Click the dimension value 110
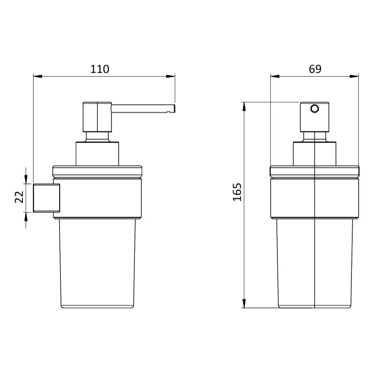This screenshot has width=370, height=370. click(99, 69)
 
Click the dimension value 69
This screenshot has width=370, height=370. click(315, 69)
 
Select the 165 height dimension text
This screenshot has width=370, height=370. click(237, 191)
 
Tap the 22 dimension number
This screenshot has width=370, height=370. click(18, 197)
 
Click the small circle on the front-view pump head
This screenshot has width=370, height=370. click(315, 109)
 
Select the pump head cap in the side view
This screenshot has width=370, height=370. click(96, 117)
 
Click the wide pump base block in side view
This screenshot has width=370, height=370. click(96, 154)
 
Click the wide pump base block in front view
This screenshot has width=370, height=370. click(315, 154)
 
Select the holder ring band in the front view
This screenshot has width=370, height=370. click(315, 198)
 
